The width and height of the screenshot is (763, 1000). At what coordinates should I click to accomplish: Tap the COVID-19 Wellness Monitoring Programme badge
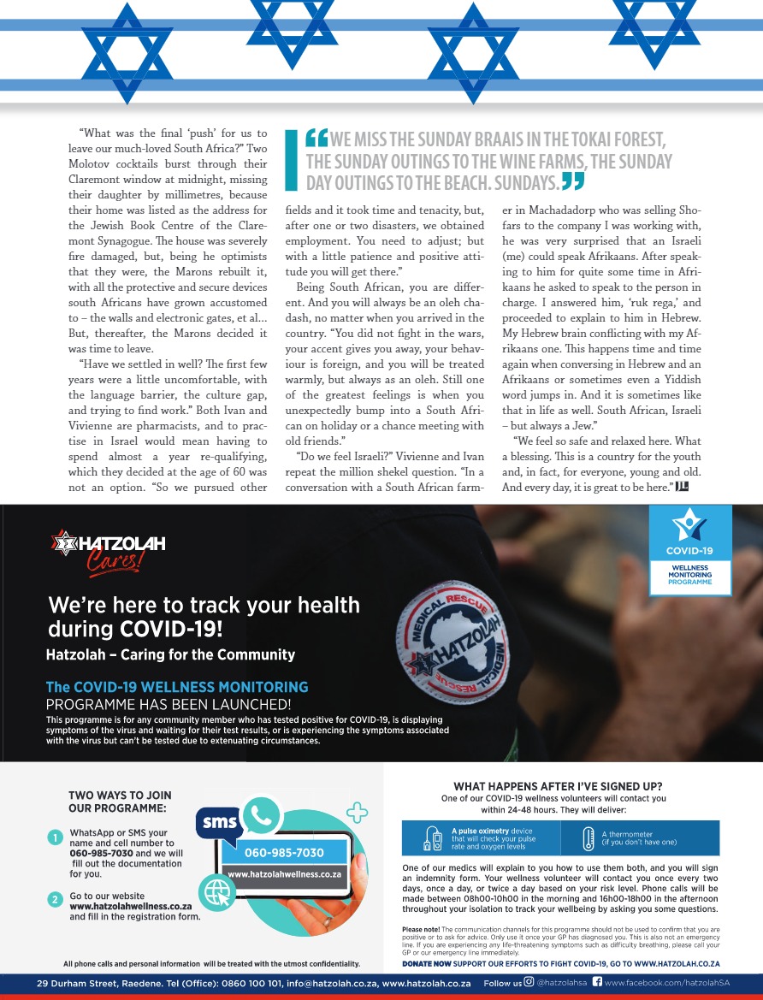click(x=689, y=549)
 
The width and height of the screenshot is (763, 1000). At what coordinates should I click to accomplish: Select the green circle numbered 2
click(x=55, y=899)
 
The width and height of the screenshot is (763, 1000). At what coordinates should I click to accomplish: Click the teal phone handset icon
click(x=262, y=816)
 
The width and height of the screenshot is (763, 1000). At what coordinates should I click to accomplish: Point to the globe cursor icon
click(x=216, y=891)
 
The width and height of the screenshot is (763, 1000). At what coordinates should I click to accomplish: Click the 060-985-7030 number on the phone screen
click(x=284, y=853)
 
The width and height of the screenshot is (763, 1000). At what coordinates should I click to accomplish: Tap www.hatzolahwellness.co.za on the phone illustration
click(x=285, y=874)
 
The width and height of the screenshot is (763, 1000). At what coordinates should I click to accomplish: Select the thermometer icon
click(x=587, y=838)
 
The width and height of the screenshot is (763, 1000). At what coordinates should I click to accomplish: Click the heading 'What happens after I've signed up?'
click(x=558, y=786)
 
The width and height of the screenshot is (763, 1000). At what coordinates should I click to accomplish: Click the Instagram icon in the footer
click(x=529, y=983)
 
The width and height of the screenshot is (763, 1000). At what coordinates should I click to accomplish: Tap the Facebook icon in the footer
click(x=597, y=983)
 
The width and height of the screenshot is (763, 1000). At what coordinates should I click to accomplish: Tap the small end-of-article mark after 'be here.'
click(x=682, y=487)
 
